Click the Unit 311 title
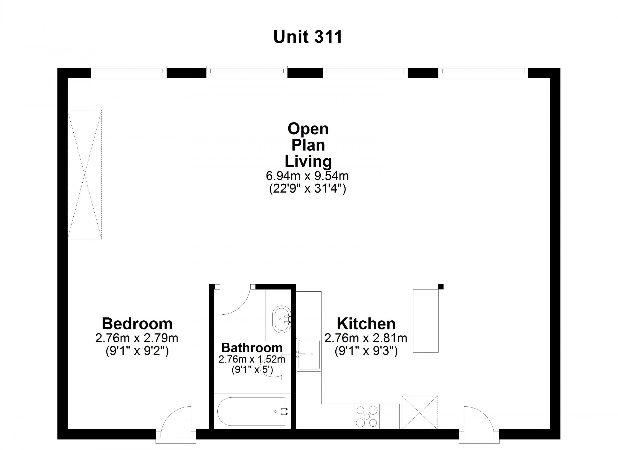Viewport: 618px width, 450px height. tap(308, 37)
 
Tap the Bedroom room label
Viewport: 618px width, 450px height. tap(137, 324)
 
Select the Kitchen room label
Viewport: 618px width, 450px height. tap(366, 324)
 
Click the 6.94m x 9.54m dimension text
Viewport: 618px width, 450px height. tap(307, 176)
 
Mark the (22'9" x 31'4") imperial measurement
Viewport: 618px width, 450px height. tap(308, 188)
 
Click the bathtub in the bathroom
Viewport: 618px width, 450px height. tap(251, 412)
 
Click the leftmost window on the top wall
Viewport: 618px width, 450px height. tap(129, 71)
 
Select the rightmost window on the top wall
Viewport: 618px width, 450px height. tap(483, 71)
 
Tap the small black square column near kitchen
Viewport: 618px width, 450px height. tap(441, 287)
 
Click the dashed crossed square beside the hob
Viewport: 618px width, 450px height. tap(420, 413)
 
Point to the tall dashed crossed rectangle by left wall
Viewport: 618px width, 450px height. tap(85, 175)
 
